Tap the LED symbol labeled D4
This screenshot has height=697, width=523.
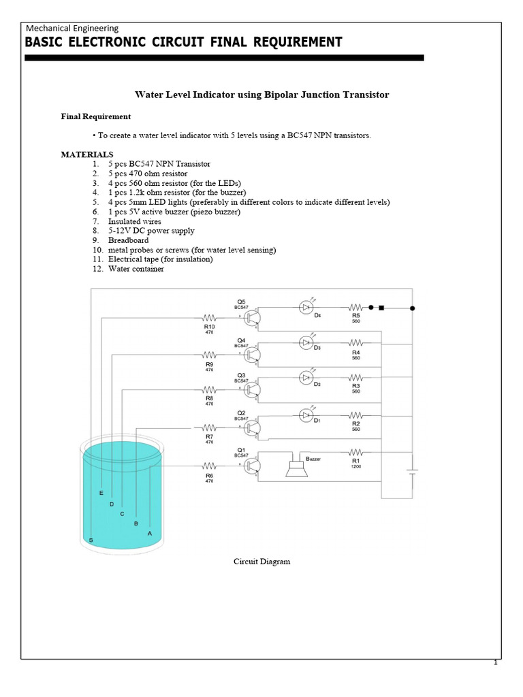tap(306, 308)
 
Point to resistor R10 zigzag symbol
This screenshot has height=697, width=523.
tap(209, 317)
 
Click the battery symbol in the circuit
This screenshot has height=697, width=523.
tap(411, 472)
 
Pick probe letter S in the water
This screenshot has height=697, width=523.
tap(91, 540)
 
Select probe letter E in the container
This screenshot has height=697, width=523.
tap(101, 492)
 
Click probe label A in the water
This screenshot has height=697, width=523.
tap(150, 534)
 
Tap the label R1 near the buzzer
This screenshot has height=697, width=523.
tap(355, 461)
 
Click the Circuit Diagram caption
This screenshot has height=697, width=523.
tap(261, 562)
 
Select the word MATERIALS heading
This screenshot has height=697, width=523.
tap(87, 155)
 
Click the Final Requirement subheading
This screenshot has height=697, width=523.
tap(96, 116)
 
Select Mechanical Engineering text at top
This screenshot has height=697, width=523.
tap(72, 28)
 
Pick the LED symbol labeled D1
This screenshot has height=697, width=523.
tap(306, 415)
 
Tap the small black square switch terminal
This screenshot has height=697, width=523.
tap(381, 308)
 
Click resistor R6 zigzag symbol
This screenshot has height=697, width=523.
tap(209, 466)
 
